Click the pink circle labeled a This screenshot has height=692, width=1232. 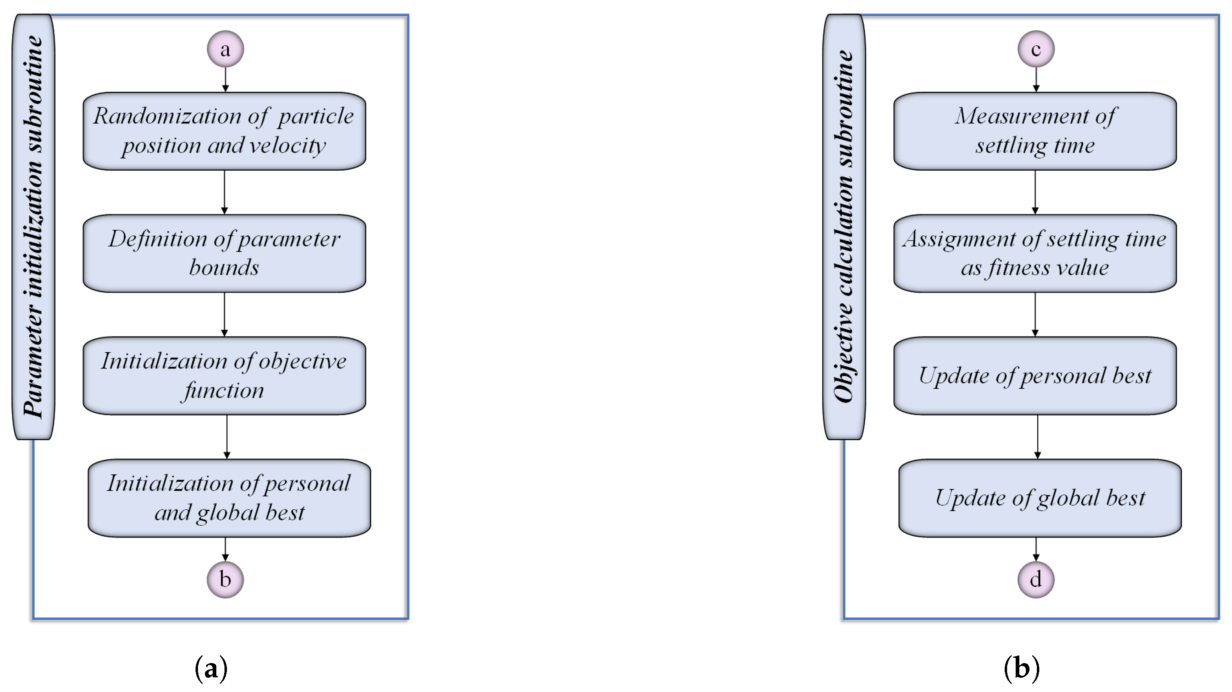coord(225,49)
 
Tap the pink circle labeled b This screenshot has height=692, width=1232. coord(225,580)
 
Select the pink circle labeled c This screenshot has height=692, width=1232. coord(1036,49)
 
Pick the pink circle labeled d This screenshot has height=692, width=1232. coord(1036,580)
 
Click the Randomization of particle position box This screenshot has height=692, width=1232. coord(224,131)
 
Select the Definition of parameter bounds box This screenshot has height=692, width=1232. coord(224,253)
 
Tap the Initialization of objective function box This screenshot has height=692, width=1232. coord(224,376)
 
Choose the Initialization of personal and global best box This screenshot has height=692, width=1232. coord(229,498)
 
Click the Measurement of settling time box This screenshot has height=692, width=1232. coord(1035,131)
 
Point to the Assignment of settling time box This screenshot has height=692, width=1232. coord(1035,253)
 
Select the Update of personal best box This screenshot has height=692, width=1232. coord(1035,376)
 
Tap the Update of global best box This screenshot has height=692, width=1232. coord(1040,498)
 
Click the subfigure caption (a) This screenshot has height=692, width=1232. coord(211,668)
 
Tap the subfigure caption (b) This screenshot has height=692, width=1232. coord(1021,668)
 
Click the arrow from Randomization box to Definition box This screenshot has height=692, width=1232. coord(224,192)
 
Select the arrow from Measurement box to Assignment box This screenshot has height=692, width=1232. coord(1035,192)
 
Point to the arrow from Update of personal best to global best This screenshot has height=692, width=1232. coord(1037,436)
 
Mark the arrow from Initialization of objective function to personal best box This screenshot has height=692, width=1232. coord(227,436)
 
